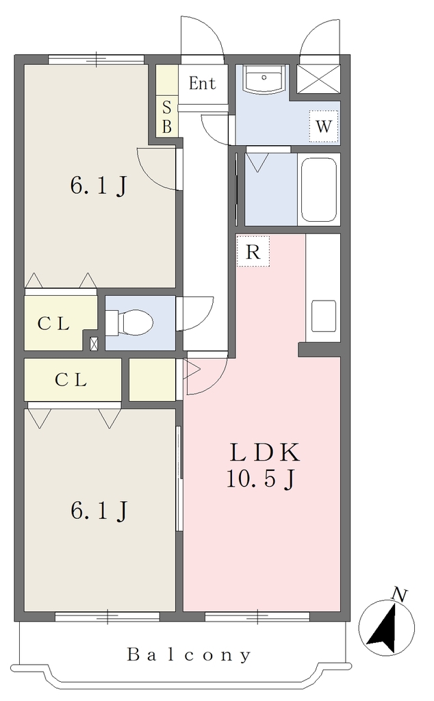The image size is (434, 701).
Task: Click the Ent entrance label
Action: point(202,84)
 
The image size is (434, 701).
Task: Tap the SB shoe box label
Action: point(167,117)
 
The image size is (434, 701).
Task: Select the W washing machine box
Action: point(324,127)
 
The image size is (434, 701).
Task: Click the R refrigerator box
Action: point(253,251)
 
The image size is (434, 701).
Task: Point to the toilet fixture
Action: point(129,322)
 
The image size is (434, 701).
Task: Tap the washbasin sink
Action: point(264,79)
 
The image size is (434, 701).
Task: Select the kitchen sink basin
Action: point(324,316)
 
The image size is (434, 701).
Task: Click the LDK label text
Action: point(265,453)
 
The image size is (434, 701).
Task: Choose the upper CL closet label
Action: point(53,324)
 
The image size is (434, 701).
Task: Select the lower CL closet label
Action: point(71,380)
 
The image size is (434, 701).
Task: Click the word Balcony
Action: point(189,655)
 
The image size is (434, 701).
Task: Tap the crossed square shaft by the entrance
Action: point(318,79)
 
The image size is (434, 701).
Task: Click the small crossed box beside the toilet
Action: point(94,344)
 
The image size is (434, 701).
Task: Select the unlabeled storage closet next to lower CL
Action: point(153,379)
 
